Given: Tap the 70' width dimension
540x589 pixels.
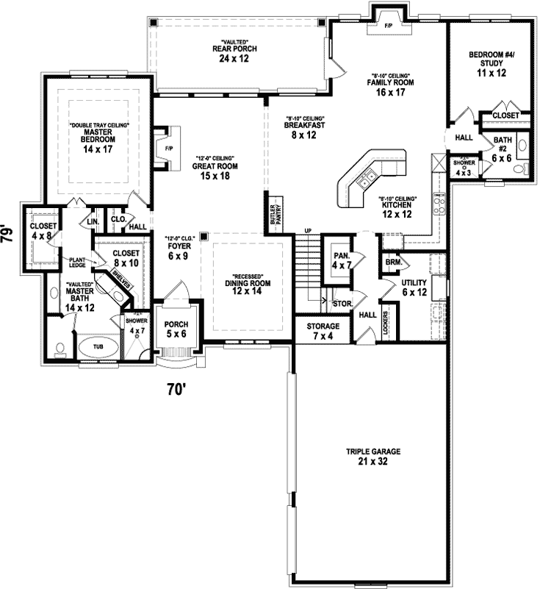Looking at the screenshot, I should [x=175, y=390].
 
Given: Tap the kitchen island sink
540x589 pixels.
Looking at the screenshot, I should [x=367, y=178].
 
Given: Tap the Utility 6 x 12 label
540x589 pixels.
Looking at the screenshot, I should [x=414, y=288].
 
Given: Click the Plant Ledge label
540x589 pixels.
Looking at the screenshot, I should [x=78, y=263].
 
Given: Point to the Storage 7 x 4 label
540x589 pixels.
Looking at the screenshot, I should [x=323, y=330].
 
